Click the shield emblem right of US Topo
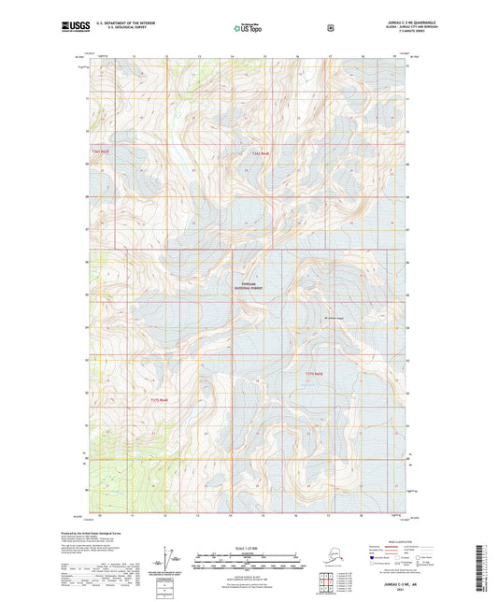(x=330, y=27)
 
